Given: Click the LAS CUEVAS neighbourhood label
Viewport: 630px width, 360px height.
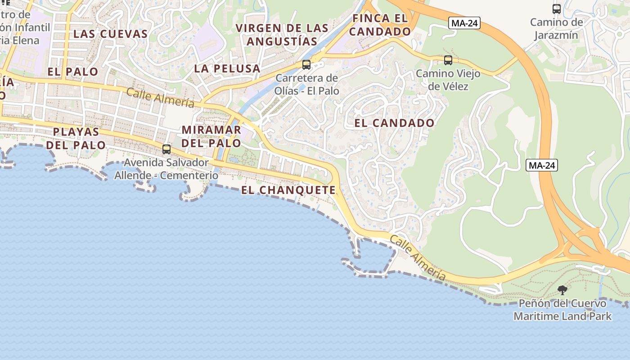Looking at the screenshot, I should tap(110, 34).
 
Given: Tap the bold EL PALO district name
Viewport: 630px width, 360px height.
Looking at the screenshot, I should tap(73, 72).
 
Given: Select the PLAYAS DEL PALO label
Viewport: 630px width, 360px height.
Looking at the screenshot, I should tap(76, 139).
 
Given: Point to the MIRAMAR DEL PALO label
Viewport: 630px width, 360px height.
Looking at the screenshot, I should tap(211, 137).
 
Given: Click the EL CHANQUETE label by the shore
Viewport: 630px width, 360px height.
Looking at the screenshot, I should tap(288, 190).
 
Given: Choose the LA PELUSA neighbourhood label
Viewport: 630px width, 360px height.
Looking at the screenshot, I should tap(227, 69).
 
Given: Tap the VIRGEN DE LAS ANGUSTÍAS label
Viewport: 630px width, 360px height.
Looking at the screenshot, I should tap(282, 35).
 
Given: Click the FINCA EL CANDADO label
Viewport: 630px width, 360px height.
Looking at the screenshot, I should tap(380, 25).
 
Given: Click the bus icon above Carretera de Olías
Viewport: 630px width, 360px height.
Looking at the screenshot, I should tap(306, 65).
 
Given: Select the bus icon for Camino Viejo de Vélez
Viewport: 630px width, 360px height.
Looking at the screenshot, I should tap(448, 60).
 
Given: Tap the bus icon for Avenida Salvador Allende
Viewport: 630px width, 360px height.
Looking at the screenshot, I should tap(166, 149).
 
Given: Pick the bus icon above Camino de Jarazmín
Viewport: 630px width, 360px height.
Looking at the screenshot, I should tap(557, 9).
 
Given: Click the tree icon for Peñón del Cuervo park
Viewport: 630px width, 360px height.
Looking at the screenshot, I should tap(562, 290).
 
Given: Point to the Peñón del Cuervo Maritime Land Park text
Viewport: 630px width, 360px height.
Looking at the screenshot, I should tap(562, 310).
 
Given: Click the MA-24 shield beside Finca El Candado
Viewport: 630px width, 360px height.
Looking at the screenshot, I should tap(464, 23).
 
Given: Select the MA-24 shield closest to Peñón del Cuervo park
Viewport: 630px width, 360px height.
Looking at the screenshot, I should tap(542, 165).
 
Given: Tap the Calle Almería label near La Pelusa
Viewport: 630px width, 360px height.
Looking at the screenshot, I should tap(160, 98).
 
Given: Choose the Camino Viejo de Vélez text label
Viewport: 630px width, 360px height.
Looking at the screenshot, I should tap(448, 80).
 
